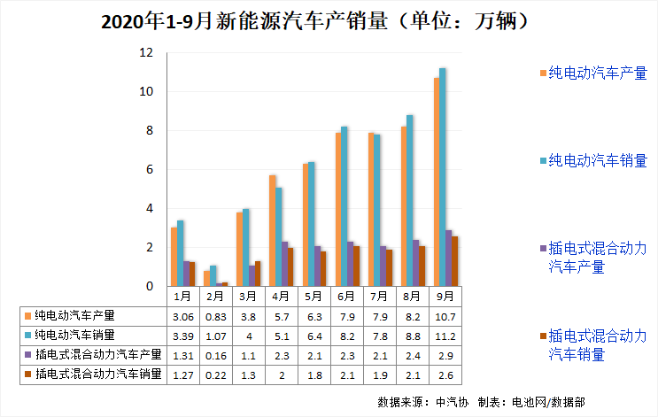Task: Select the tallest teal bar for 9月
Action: tap(443, 177)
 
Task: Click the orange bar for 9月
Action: tap(437, 182)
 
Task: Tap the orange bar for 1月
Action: tap(174, 257)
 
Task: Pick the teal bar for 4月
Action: tap(279, 236)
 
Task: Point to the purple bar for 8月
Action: tap(416, 263)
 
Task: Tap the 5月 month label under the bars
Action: tap(314, 296)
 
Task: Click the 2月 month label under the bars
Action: tap(215, 296)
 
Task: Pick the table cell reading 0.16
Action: tap(215, 355)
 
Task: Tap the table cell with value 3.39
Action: tap(182, 336)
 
